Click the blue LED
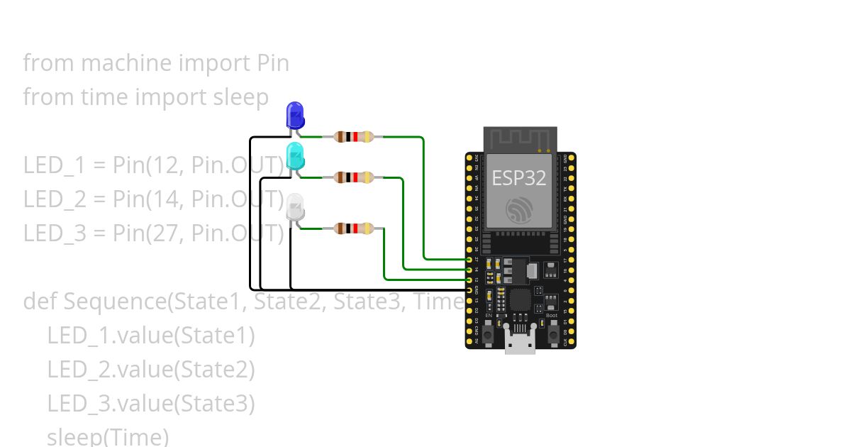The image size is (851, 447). click(x=295, y=116)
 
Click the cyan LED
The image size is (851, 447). click(x=295, y=155)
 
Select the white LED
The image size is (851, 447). click(x=295, y=207)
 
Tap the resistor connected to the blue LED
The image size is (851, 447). click(x=353, y=137)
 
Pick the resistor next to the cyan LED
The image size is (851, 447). click(x=353, y=177)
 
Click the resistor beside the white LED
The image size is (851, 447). click(x=353, y=228)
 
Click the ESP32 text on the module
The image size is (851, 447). click(x=519, y=178)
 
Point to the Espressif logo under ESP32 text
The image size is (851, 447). click(x=520, y=210)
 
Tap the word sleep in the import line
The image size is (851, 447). click(x=241, y=96)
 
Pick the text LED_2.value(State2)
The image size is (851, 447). click(x=150, y=369)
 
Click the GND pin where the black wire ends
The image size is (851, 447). click(x=469, y=290)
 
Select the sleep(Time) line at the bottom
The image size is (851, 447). click(x=108, y=436)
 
